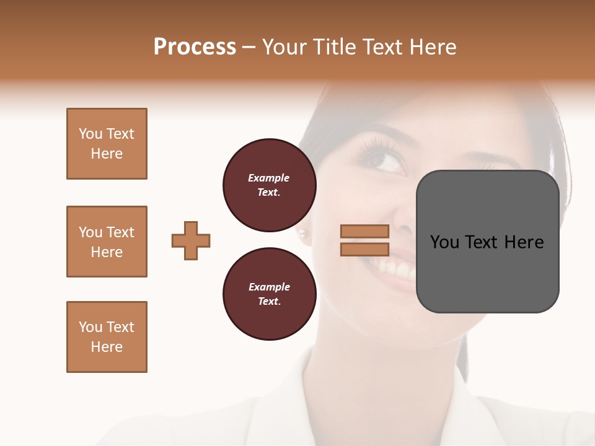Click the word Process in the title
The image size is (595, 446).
coord(195,47)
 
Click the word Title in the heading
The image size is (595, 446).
coord(332,47)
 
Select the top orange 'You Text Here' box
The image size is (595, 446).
coord(107,144)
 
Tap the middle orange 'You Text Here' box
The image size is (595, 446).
coord(107,242)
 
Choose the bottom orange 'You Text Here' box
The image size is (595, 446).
coord(107,337)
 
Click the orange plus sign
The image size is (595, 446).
coord(191,240)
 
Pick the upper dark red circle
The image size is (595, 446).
coord(269,185)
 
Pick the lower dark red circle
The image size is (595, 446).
coord(269,294)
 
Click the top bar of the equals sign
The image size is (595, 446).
coord(364,231)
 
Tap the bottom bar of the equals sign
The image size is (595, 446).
coord(364,249)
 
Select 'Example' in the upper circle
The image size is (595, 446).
coord(269,178)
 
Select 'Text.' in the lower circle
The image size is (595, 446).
coord(269,302)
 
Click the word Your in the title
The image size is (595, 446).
coord(284,47)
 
